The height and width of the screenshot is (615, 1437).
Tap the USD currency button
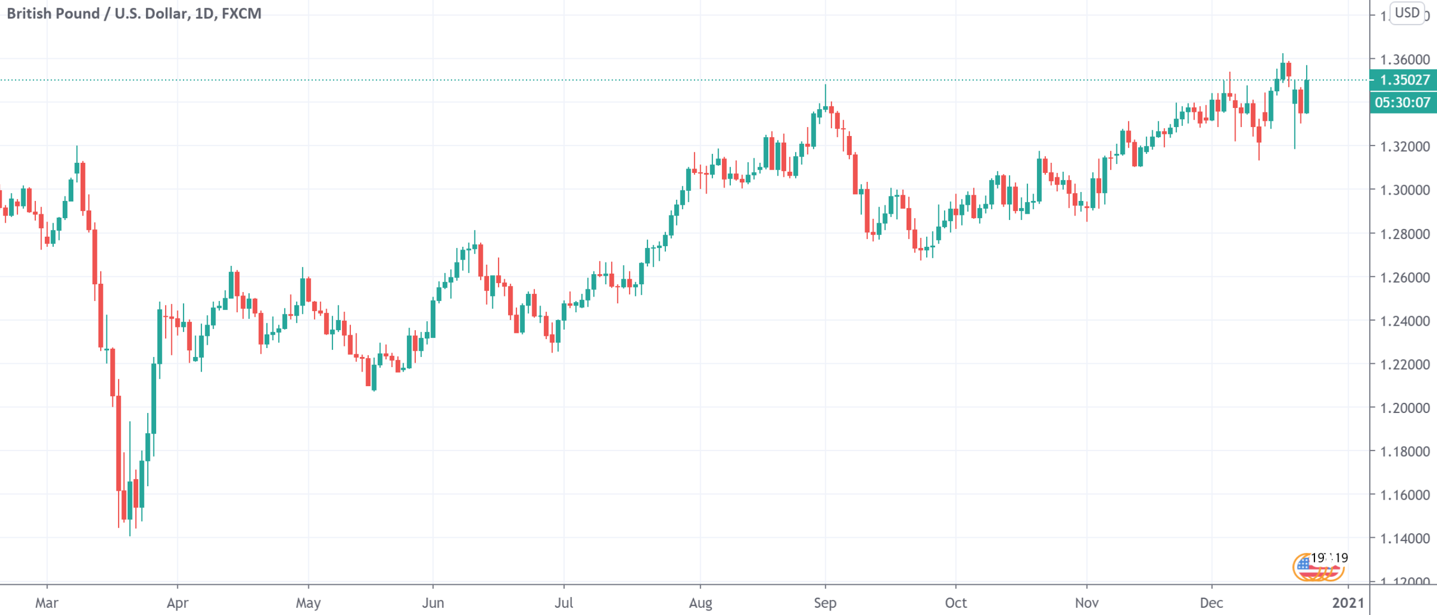click(1407, 13)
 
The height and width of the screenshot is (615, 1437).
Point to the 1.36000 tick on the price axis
click(1405, 59)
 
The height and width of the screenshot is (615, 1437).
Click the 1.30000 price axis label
click(1405, 190)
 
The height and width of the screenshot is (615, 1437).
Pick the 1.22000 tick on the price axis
click(1405, 364)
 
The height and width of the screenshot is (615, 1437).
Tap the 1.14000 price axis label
click(1405, 538)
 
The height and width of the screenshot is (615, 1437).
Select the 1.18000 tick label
click(1405, 452)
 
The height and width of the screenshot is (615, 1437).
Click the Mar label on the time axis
click(46, 603)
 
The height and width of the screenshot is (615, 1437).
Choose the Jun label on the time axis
click(433, 603)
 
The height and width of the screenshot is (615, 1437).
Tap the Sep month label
click(825, 603)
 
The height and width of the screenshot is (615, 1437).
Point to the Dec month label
click(1211, 603)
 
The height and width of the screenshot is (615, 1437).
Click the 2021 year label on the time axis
click(1348, 603)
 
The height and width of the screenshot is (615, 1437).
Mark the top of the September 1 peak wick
click(825, 86)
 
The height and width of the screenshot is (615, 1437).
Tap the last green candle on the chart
click(1307, 96)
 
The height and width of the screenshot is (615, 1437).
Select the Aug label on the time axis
click(700, 603)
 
